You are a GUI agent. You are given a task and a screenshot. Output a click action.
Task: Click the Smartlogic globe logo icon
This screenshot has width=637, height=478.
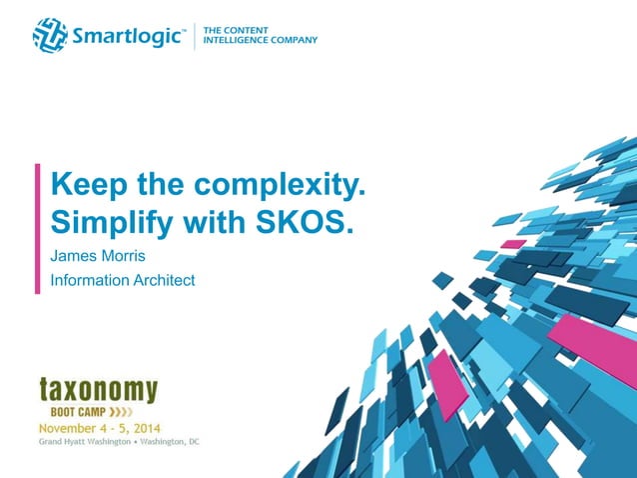point(49,36)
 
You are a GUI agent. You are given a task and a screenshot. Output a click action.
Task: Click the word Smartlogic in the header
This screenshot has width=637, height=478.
point(127,37)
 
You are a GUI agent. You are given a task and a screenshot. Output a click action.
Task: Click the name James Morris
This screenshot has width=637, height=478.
point(96,256)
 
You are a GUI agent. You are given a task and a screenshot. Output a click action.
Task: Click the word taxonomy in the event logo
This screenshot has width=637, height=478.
point(98,389)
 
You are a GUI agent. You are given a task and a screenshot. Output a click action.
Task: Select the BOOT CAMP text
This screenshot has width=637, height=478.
point(79,411)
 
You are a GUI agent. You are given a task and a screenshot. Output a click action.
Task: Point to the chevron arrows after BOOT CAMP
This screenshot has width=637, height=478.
point(121,411)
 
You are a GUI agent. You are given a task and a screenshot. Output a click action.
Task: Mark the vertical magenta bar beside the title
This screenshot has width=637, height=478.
point(38,228)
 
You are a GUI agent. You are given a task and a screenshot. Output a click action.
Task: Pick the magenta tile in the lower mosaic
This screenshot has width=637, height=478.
point(445,383)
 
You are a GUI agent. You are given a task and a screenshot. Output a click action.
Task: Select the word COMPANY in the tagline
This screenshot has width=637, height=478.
point(296,40)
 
